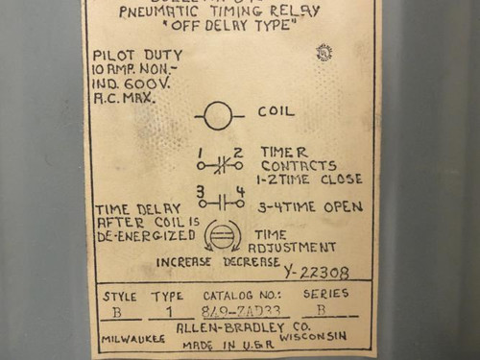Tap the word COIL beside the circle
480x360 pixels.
click(x=276, y=112)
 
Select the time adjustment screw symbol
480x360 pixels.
click(x=224, y=235)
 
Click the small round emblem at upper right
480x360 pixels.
click(x=324, y=53)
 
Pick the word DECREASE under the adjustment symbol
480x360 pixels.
click(x=252, y=261)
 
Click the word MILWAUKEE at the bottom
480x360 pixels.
click(x=132, y=339)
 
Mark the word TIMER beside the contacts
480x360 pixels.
click(x=284, y=152)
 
